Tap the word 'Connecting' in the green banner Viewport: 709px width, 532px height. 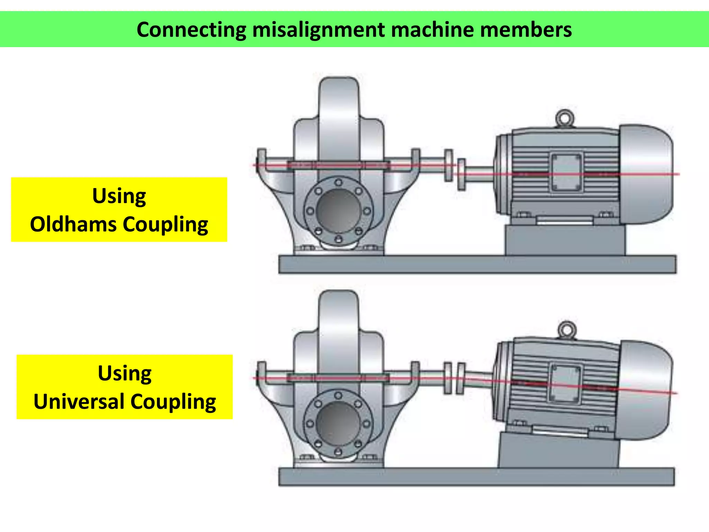point(191,30)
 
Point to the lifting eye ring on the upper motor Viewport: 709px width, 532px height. point(565,118)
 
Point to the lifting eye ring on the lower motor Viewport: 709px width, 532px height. point(567,329)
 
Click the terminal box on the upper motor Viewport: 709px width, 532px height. point(566,172)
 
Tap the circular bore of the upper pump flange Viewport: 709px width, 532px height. point(339,211)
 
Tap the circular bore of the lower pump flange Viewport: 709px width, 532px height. point(338,423)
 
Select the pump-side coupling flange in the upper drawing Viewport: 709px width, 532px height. point(449,166)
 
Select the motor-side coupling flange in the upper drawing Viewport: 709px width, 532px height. point(461,175)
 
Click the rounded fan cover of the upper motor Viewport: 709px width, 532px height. point(647,174)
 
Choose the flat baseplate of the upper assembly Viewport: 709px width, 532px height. point(477,265)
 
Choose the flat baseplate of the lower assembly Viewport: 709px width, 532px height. point(476,477)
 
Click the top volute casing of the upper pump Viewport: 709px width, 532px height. point(339,104)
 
